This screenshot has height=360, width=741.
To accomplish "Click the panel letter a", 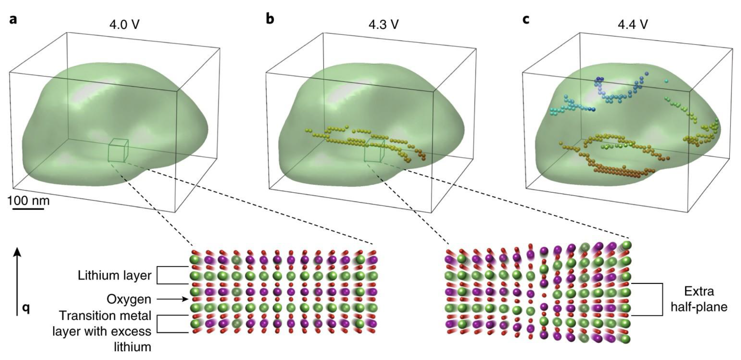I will point(13,19).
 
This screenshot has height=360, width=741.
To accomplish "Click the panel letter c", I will point(526,19).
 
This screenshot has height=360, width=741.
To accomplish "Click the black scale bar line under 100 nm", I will point(28,208).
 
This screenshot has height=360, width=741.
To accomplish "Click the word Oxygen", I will point(129,300).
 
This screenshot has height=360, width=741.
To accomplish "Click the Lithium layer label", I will point(114,276).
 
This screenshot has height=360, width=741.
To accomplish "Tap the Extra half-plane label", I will point(699,299).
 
